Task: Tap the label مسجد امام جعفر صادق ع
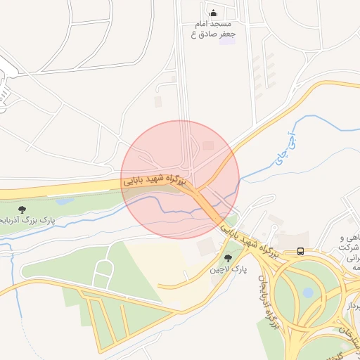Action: pyautogui.click(x=215, y=29)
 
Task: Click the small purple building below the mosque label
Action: pyautogui.click(x=226, y=40)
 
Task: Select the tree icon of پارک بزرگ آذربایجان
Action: pyautogui.click(x=22, y=209)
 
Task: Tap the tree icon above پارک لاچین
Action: pyautogui.click(x=227, y=259)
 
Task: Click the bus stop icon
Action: pyautogui.click(x=301, y=251)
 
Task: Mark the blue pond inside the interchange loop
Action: pyautogui.click(x=308, y=292)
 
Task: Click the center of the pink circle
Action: pyautogui.click(x=180, y=179)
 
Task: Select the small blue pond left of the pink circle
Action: pyautogui.click(x=63, y=202)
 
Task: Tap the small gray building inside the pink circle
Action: pyautogui.click(x=208, y=146)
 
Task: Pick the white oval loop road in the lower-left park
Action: pyautogui.click(x=103, y=274)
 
